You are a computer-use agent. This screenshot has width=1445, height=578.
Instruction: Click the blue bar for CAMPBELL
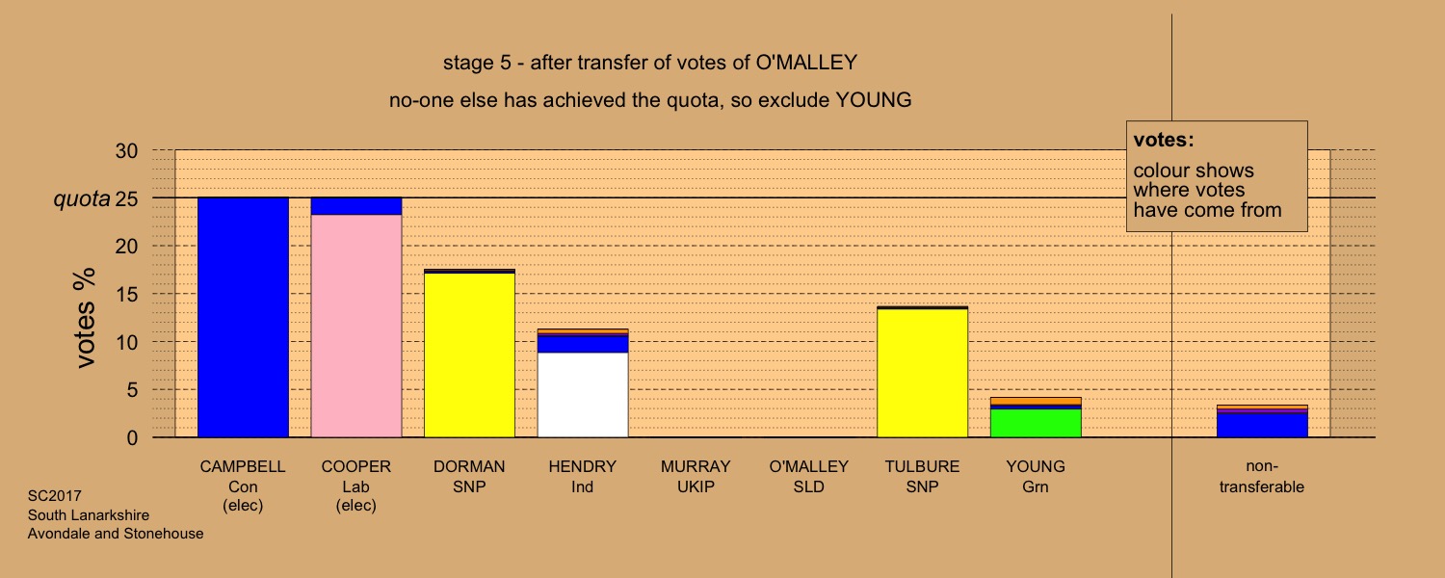[x=243, y=317]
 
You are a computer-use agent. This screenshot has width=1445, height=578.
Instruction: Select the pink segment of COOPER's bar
[x=356, y=326]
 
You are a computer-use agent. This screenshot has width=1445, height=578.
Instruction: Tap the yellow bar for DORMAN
[x=469, y=355]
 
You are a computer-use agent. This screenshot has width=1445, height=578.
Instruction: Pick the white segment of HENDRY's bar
[x=583, y=395]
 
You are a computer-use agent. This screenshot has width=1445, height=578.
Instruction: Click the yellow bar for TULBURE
[x=923, y=374]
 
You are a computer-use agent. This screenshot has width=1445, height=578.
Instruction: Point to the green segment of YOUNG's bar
[x=1036, y=423]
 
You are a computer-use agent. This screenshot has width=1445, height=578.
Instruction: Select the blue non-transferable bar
[x=1262, y=426]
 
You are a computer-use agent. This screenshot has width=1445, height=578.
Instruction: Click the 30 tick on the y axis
[x=126, y=151]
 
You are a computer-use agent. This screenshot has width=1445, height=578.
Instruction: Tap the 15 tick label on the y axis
[x=126, y=294]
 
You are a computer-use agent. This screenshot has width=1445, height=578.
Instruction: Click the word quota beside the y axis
[x=81, y=199]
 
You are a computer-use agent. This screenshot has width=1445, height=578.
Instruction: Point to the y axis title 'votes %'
[x=85, y=318]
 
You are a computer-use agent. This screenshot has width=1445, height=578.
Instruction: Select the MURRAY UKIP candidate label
[x=696, y=476]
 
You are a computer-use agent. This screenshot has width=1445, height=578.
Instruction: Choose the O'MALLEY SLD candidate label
[x=808, y=476]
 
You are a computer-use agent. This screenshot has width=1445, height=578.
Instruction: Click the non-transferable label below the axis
[x=1262, y=476]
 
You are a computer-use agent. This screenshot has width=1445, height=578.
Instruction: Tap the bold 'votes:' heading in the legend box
[x=1164, y=140]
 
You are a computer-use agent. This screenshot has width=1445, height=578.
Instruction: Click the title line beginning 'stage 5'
[x=650, y=63]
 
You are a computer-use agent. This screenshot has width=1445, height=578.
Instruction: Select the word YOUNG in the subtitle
[x=874, y=100]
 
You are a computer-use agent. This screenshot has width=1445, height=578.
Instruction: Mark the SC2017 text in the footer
[x=54, y=496]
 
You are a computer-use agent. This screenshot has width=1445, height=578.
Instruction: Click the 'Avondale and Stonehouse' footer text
[x=116, y=534]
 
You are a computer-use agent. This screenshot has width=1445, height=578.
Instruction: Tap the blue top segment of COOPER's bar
[x=356, y=206]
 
